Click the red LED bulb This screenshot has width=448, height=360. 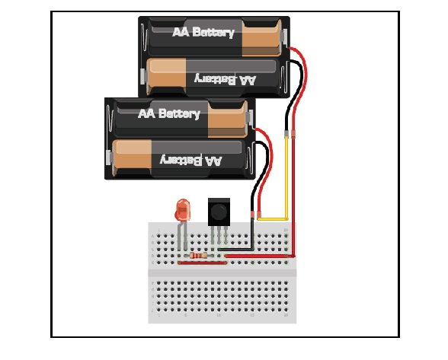pyautogui.click(x=182, y=209)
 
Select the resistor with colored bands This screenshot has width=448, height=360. pyautogui.click(x=200, y=256)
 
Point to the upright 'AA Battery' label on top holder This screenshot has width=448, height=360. pyautogui.click(x=203, y=33)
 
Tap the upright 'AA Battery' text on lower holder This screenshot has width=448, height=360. pyautogui.click(x=168, y=114)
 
